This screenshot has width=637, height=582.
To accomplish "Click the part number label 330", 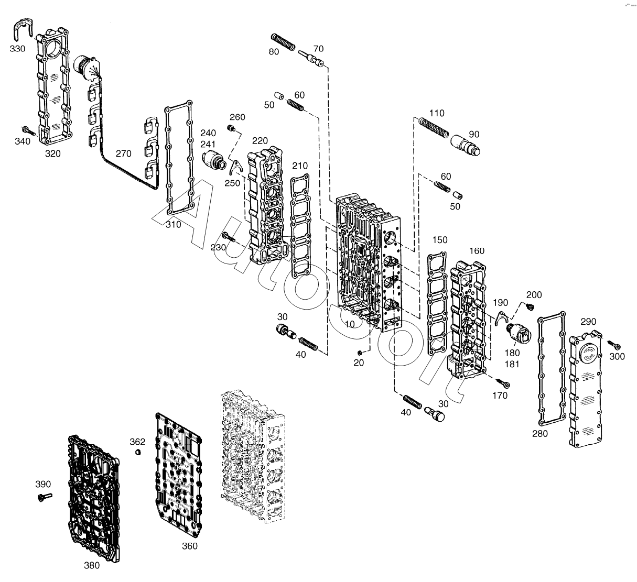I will point(17,49).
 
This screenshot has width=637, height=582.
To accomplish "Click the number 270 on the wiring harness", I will point(124,154).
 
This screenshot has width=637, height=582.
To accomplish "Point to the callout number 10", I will point(350,324).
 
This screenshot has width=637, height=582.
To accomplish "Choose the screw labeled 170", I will point(505,385).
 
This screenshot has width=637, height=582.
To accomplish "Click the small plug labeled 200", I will point(529,306).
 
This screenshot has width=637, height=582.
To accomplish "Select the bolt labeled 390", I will point(43,497).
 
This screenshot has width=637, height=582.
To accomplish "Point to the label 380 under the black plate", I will point(91,565).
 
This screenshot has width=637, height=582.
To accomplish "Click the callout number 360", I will point(189,546).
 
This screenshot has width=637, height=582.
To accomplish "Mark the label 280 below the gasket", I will point(539,433).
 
